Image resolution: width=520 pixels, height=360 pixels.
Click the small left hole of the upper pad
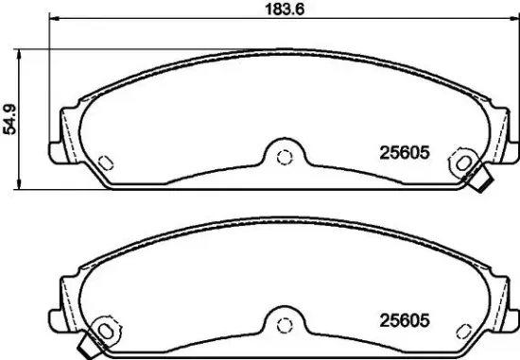pos(106,159)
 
